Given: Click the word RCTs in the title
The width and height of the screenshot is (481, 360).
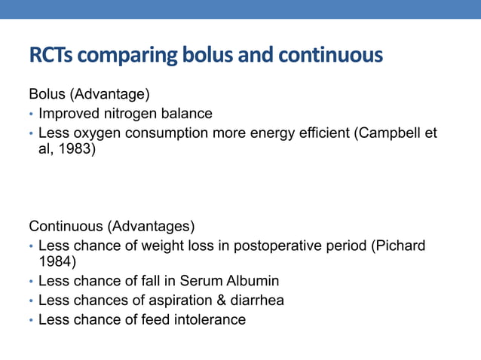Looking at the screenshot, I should coord(50,56).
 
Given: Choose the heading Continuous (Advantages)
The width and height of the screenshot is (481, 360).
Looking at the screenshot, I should coord(112,226).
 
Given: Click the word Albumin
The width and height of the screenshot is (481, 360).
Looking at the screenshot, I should coord(252,281).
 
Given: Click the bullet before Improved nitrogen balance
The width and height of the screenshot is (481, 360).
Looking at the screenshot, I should coord(31,114).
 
